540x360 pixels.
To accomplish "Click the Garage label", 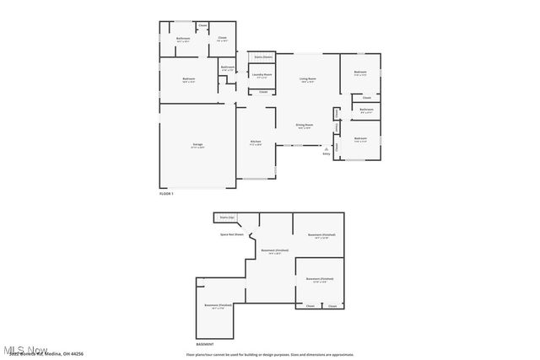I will click(x=197, y=144).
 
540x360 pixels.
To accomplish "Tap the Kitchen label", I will click(x=255, y=142).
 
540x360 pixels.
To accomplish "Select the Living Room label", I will click(x=307, y=78).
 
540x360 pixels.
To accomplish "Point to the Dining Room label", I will click(x=304, y=125).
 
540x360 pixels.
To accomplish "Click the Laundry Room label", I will click(x=262, y=74).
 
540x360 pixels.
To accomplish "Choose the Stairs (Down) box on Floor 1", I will click(x=263, y=56).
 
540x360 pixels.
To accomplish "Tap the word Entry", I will click(x=327, y=153).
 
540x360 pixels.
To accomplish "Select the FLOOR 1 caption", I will click(x=166, y=194).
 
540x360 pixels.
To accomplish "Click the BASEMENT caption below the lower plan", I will click(x=205, y=344).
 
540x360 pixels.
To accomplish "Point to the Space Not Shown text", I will click(x=232, y=234).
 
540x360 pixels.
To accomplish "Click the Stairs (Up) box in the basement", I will click(x=227, y=217).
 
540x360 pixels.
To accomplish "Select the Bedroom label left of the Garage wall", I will click(x=189, y=79).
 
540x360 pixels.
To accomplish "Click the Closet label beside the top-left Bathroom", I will click(x=222, y=38).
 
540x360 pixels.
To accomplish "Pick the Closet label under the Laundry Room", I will click(x=263, y=91).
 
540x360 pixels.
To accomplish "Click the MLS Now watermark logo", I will click(x=25, y=349).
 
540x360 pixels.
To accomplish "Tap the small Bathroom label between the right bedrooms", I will click(x=366, y=110).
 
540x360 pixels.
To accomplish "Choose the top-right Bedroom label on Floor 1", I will click(x=360, y=73).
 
